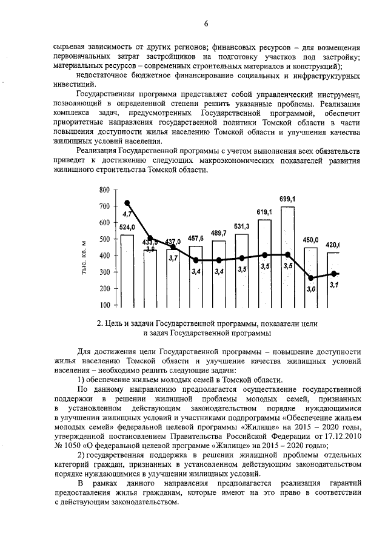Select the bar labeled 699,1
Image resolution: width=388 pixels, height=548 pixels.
coord(287,254)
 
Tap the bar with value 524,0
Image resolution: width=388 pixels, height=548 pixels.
coord(127,269)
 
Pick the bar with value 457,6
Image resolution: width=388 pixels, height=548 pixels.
coord(195,276)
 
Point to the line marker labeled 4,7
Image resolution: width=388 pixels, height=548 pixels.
coord(127,203)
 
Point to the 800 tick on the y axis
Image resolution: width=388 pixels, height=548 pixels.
coord(104,190)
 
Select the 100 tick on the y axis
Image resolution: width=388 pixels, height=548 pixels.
coord(104,305)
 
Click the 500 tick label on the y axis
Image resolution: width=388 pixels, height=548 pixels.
coord(104,239)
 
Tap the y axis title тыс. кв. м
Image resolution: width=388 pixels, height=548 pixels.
coord(85,257)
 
